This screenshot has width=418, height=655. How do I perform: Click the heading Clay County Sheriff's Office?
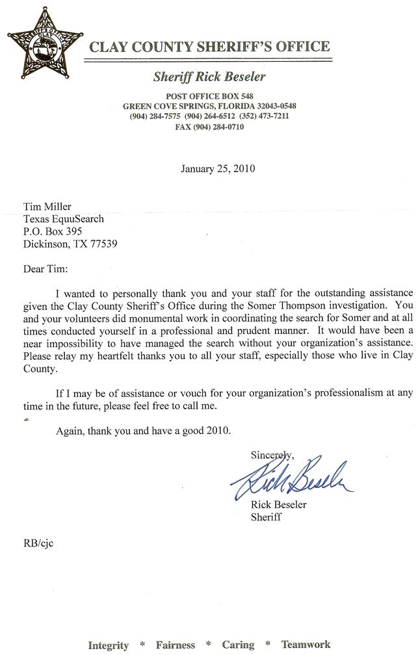[209, 47]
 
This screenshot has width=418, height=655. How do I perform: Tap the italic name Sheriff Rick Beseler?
[209, 77]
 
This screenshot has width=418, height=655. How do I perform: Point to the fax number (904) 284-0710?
[209, 127]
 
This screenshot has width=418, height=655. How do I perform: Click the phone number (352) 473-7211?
[263, 116]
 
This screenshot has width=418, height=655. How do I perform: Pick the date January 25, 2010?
[217, 169]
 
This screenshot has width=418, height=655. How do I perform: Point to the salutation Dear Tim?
[46, 269]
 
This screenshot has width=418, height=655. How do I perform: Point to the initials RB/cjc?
[38, 543]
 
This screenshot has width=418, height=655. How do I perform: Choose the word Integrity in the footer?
[109, 645]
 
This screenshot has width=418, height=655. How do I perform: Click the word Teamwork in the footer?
[306, 645]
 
